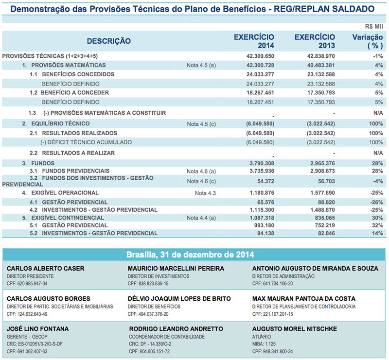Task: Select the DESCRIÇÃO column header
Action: coord(109,41)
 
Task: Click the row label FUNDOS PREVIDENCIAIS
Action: coord(75,171)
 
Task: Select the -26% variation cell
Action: coord(376,202)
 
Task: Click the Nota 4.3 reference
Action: coord(205,193)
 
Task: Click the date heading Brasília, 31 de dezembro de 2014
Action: coord(194,254)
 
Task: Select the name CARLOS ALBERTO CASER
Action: coord(46,268)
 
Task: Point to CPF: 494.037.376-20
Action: coord(148,314)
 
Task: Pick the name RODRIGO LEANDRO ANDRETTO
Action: coord(176,329)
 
